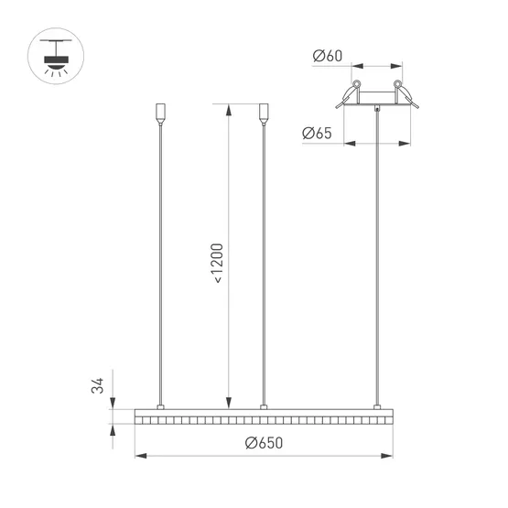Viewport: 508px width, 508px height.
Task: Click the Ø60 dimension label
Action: (x=327, y=57)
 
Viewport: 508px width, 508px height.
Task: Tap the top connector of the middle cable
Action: (x=264, y=113)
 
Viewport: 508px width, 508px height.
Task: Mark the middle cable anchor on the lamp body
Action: (x=264, y=406)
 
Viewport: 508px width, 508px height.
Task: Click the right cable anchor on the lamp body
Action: (x=375, y=406)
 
